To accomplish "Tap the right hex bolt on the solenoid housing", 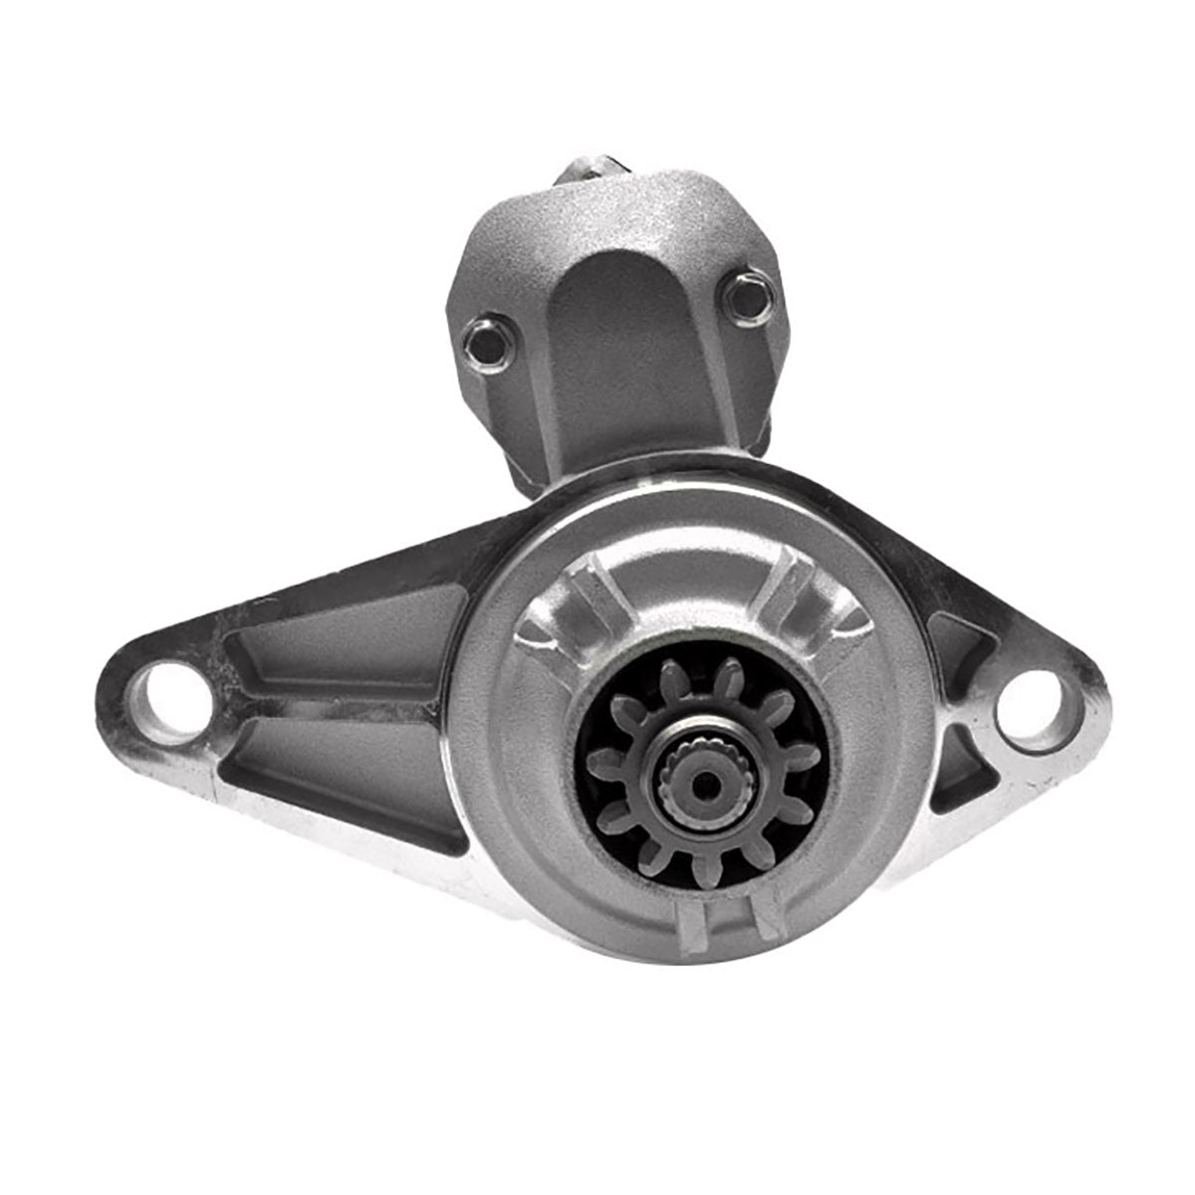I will point(740,295).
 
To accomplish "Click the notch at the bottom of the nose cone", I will point(724,920).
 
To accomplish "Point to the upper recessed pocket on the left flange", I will point(349,632).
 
